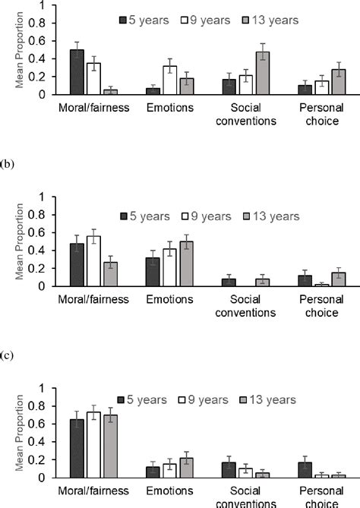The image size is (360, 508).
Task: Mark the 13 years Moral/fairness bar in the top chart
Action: point(111,91)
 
